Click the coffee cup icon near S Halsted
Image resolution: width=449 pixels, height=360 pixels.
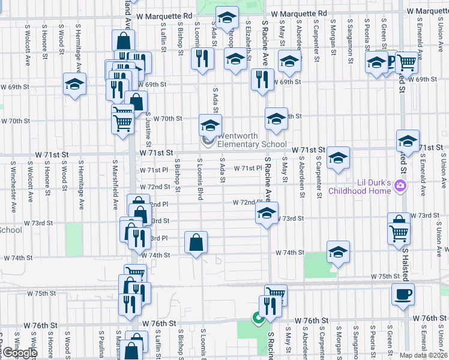(403, 294)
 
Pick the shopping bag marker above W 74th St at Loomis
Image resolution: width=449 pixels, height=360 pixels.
(196, 242)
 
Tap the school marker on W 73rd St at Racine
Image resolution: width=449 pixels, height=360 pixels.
(267, 212)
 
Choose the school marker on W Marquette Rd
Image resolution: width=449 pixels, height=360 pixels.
(227, 19)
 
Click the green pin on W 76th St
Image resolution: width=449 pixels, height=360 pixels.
(259, 318)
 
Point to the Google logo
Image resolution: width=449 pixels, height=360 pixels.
(19, 353)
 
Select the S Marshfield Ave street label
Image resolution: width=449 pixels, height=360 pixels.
(115, 181)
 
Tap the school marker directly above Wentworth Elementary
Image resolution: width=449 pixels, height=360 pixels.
(210, 125)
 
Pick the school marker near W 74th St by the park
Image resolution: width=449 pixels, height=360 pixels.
(338, 252)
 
